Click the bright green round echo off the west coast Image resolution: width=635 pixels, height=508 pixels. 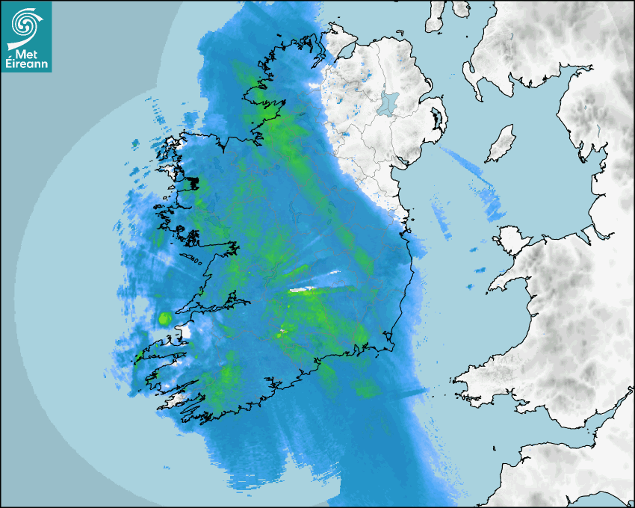(x=164, y=319)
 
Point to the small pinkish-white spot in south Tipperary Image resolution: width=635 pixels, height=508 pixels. (x=282, y=329)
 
